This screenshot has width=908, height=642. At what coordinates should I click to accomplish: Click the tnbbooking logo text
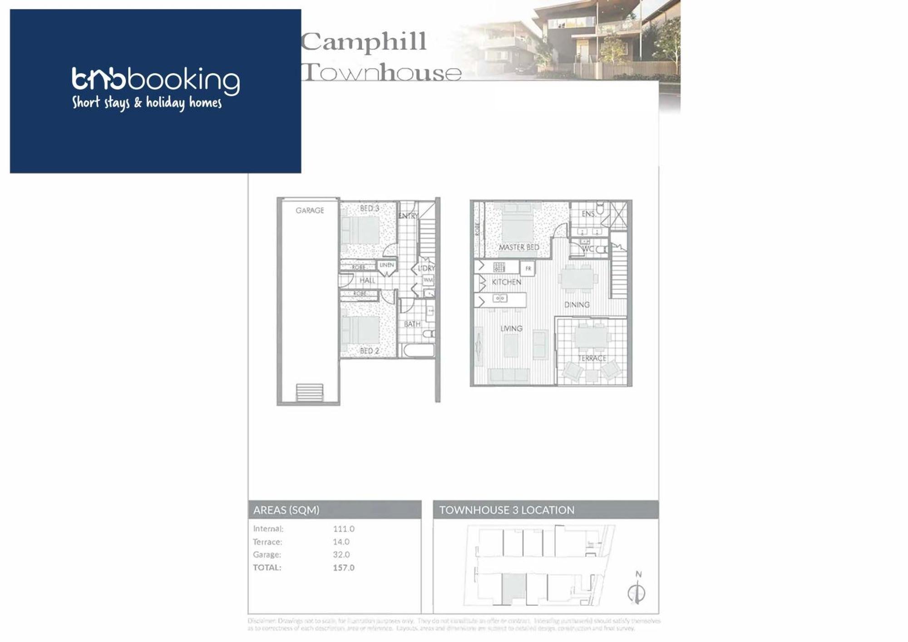[x=156, y=80]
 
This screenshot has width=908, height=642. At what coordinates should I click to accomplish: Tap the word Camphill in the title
[x=364, y=42]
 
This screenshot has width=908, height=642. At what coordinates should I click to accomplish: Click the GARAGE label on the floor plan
[x=310, y=211]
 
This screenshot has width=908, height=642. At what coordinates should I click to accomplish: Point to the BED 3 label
[x=369, y=208]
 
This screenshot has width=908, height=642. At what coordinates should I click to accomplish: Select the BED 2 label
[x=369, y=351]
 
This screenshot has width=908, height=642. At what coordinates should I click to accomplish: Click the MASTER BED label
[x=519, y=247]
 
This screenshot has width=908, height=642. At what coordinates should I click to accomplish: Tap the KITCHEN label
[x=506, y=282]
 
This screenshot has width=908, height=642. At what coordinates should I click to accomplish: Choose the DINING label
[x=577, y=305]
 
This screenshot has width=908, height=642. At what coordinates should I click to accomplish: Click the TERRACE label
[x=592, y=358]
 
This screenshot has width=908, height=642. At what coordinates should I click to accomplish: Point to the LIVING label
[x=511, y=328]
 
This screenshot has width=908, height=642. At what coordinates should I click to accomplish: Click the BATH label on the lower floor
[x=412, y=324]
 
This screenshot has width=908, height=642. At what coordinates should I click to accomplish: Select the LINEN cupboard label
[x=386, y=265]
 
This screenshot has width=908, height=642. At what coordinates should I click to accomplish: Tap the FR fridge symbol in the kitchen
[x=528, y=269]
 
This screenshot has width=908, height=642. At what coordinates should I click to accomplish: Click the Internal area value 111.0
[x=343, y=529]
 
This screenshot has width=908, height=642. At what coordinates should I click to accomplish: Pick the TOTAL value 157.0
[x=343, y=568]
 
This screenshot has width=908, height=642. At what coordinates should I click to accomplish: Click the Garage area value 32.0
[x=341, y=554]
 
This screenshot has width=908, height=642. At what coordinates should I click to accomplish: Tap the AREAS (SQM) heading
[x=286, y=510]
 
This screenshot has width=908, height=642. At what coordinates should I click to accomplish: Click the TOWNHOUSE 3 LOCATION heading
[x=506, y=510]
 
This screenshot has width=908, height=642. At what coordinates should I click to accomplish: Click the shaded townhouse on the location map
[x=513, y=588]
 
